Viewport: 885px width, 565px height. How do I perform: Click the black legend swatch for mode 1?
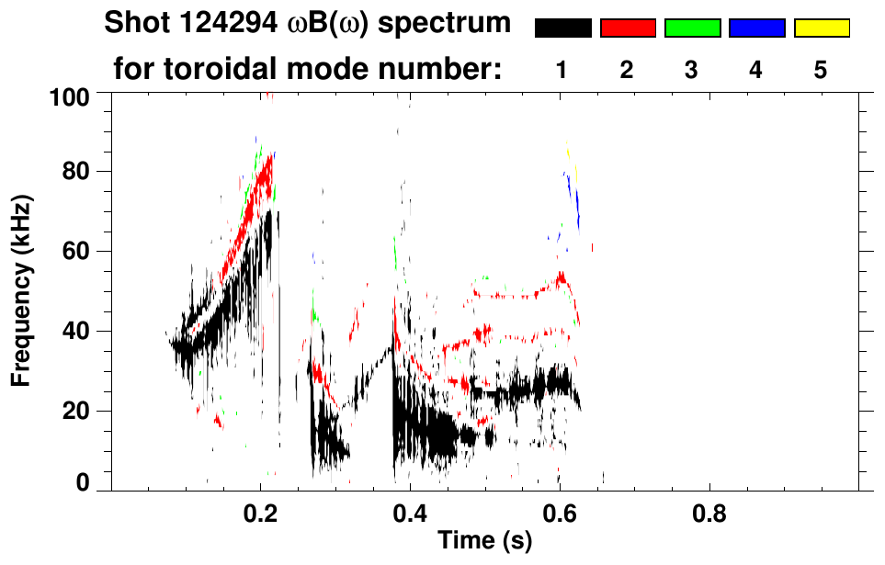pyautogui.click(x=562, y=28)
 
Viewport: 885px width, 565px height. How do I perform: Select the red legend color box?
pyautogui.click(x=628, y=28)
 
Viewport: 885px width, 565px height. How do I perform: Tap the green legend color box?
pyautogui.click(x=692, y=28)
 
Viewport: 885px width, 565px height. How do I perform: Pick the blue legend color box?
pyautogui.click(x=756, y=28)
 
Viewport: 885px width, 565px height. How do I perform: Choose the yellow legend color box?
pyautogui.click(x=821, y=28)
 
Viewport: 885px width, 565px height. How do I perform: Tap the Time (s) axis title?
pyautogui.click(x=483, y=542)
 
